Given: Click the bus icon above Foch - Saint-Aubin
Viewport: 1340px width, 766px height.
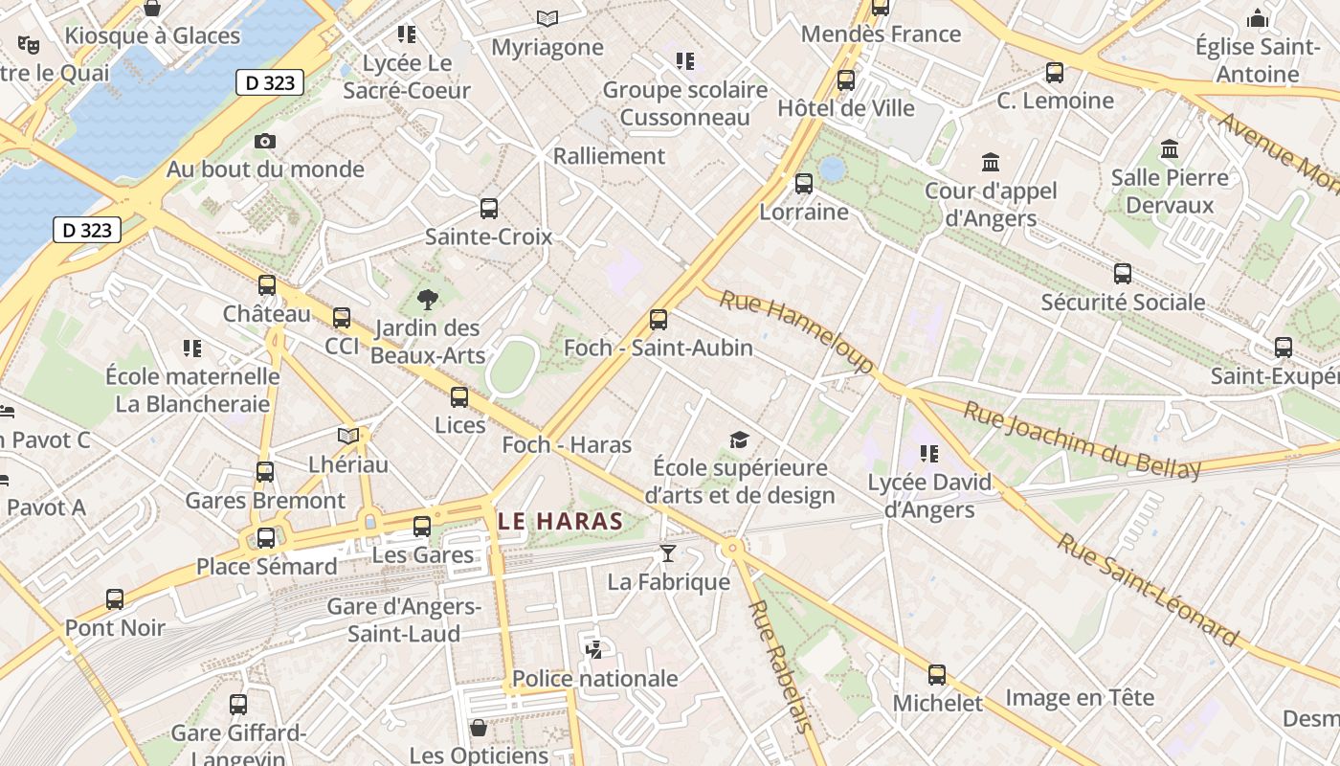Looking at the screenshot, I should pyautogui.click(x=659, y=320).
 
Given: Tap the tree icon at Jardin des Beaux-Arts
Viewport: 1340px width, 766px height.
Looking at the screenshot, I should pyautogui.click(x=428, y=300).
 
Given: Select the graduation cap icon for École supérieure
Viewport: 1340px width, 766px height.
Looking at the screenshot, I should pyautogui.click(x=739, y=440).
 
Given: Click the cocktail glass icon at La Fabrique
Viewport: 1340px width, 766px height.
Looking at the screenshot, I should pyautogui.click(x=668, y=553).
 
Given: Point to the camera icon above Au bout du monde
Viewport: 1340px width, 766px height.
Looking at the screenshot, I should pyautogui.click(x=265, y=142).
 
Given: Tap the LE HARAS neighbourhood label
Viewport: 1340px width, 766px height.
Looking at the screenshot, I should pyautogui.click(x=560, y=522).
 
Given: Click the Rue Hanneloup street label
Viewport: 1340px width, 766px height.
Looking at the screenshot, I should pyautogui.click(x=796, y=331).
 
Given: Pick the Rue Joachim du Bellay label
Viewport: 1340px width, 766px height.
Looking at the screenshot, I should pyautogui.click(x=1082, y=439).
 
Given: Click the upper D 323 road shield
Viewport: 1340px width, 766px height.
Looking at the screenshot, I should pyautogui.click(x=270, y=82).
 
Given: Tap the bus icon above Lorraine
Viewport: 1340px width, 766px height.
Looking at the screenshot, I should pyautogui.click(x=804, y=183).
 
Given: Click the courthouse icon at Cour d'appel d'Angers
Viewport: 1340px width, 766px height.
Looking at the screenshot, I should pyautogui.click(x=991, y=162).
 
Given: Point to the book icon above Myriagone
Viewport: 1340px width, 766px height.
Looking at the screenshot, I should pyautogui.click(x=547, y=18).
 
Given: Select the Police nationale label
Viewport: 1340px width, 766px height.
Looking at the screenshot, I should pyautogui.click(x=594, y=679).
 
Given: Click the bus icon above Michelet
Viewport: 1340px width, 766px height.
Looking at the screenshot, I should pyautogui.click(x=937, y=675).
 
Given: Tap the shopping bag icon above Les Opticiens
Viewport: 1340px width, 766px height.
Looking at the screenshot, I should pyautogui.click(x=479, y=728).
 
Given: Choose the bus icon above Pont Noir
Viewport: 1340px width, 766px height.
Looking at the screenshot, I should pyautogui.click(x=115, y=599).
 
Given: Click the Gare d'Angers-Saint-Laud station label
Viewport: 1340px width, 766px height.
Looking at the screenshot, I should pyautogui.click(x=404, y=620).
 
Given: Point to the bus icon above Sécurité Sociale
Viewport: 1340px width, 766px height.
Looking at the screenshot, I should pyautogui.click(x=1123, y=274).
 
